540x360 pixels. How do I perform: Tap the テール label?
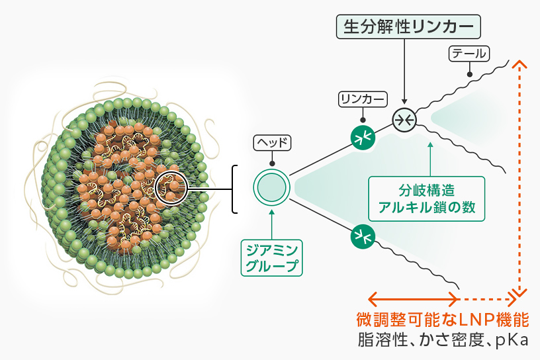(469, 54)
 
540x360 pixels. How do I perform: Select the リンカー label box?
(362, 99)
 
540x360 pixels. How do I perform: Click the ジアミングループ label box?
(271, 258)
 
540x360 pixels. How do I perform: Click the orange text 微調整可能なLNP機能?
(442, 320)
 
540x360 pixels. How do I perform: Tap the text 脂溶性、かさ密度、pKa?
(442, 341)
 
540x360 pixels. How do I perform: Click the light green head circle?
(271, 188)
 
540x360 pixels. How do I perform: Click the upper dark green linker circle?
(363, 137)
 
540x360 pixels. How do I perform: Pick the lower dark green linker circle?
(363, 235)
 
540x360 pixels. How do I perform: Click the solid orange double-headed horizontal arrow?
(414, 295)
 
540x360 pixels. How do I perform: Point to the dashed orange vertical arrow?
(521, 179)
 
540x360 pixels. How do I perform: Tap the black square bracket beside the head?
(234, 189)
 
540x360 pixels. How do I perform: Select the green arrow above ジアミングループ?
(271, 222)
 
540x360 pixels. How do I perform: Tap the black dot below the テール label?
(469, 74)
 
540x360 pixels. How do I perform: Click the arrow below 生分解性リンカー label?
(404, 73)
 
